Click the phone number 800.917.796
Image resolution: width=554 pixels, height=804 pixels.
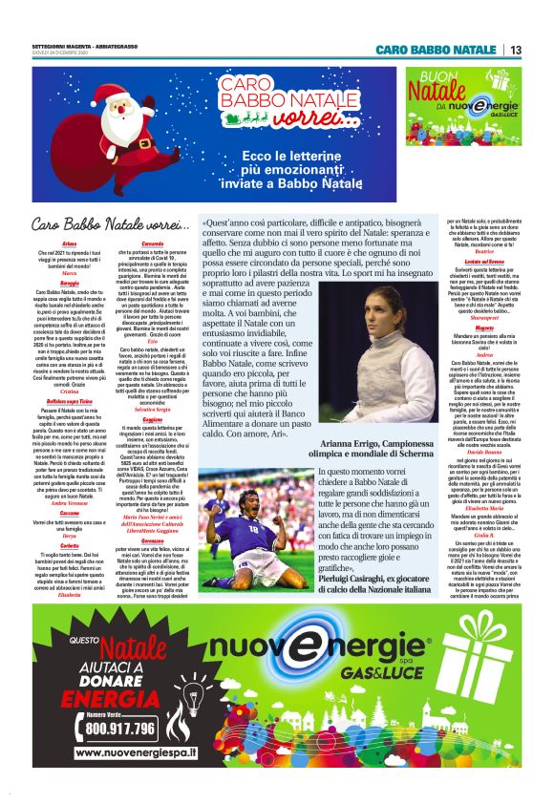point(119,728)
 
